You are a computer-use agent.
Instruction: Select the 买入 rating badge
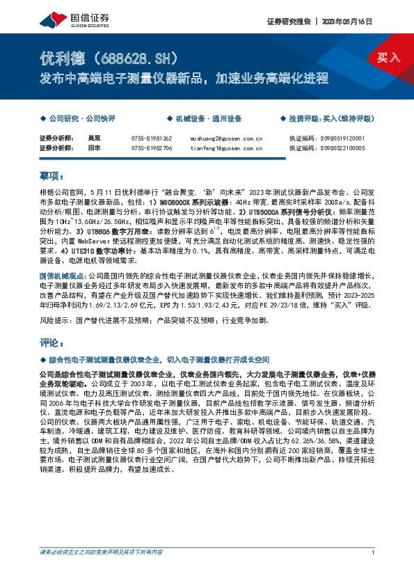click(x=388, y=57)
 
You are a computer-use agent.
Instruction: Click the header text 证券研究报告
click(x=288, y=21)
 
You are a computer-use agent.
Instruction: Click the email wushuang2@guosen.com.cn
click(x=228, y=138)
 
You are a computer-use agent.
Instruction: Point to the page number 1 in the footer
click(x=373, y=571)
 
